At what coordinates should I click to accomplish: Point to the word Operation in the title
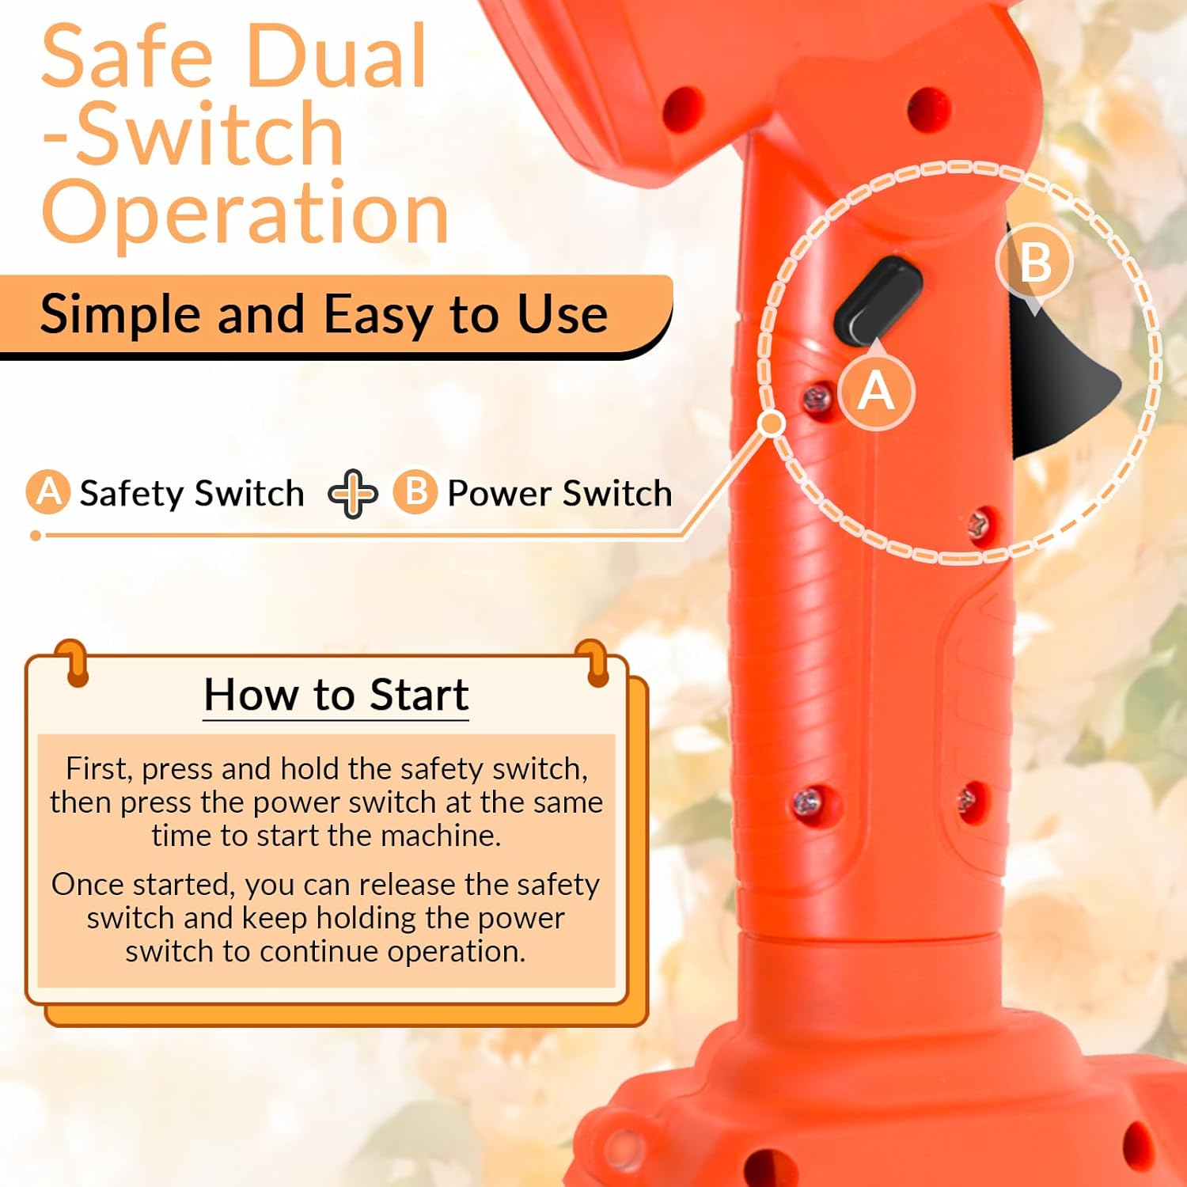pos(245,212)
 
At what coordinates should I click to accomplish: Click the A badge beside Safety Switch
pos(48,492)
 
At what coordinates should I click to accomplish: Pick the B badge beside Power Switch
pos(415,492)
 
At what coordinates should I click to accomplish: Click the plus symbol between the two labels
pos(353,493)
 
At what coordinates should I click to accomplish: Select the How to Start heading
pos(336,695)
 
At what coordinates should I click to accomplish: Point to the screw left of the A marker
pos(817,399)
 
